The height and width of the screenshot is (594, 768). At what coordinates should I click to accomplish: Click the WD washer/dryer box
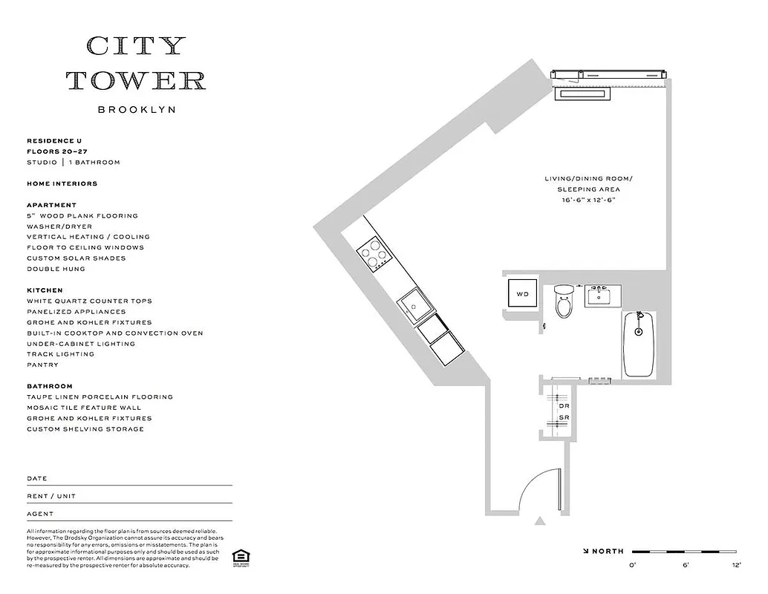(523, 294)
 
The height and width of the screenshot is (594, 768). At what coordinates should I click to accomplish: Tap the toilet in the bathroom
(564, 303)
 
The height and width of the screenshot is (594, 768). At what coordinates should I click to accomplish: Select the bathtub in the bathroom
(638, 345)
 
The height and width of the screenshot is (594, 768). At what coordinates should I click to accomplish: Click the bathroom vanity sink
(600, 296)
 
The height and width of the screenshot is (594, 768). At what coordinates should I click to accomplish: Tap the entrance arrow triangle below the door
(541, 521)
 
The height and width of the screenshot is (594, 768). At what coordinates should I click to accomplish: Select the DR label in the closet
(564, 406)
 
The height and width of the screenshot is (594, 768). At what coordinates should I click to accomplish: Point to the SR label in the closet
(564, 418)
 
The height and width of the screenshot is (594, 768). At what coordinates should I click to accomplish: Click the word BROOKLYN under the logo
(137, 109)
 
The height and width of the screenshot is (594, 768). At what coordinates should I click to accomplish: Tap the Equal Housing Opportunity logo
(239, 556)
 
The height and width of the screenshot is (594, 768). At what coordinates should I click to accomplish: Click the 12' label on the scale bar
(736, 565)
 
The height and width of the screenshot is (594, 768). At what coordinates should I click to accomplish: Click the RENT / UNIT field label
(51, 496)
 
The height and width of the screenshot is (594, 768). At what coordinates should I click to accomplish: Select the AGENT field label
(40, 514)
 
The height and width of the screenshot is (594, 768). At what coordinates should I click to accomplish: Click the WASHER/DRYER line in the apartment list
(59, 226)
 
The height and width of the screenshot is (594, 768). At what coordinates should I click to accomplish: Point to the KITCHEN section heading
(45, 290)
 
